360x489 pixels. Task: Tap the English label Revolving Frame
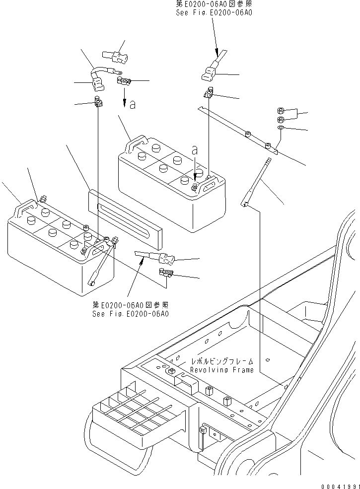222,370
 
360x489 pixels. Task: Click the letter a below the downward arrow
132,105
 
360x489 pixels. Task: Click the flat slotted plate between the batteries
125,218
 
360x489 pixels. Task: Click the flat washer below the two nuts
281,129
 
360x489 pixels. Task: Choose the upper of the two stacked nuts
281,111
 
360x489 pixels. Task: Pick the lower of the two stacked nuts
281,119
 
